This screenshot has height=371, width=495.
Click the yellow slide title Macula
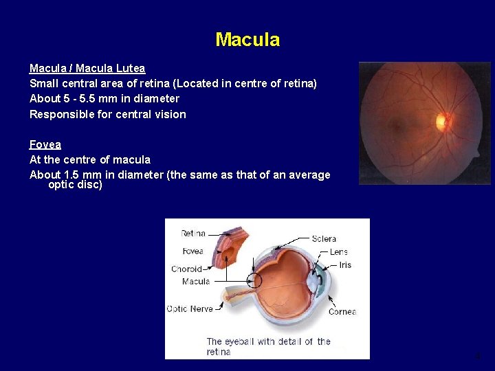point(247,40)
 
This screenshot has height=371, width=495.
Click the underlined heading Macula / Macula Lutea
point(87,68)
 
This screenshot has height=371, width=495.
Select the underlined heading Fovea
point(45,144)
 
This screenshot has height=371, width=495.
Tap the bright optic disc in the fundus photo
point(441,122)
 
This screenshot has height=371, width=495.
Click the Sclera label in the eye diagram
point(323,238)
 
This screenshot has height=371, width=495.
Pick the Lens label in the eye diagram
point(338,252)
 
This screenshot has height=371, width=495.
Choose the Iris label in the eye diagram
point(344,265)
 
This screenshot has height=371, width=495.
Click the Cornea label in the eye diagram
point(342,311)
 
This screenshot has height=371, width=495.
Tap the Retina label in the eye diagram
point(192,234)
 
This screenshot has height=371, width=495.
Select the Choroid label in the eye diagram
point(186,269)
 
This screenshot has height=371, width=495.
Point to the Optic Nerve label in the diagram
point(189,308)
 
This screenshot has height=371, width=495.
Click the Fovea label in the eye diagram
point(192,251)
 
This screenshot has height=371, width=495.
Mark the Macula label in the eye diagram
point(195,281)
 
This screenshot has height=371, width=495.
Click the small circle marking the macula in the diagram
point(254,280)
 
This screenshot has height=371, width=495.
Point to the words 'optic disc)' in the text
point(75,185)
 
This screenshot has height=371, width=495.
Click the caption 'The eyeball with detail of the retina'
point(268,346)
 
